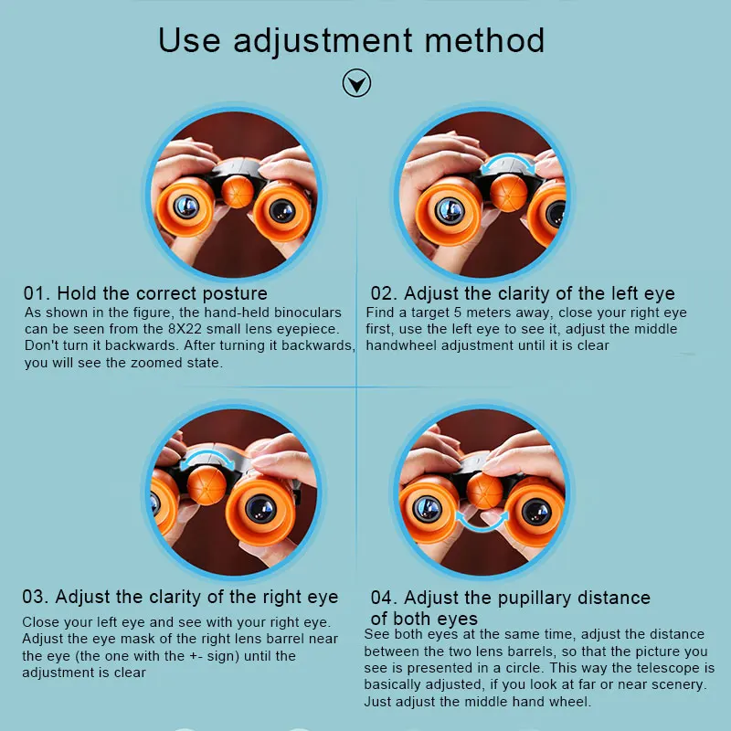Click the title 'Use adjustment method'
tap(352, 40)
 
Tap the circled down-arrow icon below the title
tap(356, 85)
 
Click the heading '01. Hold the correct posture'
tap(145, 293)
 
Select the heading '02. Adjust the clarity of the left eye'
tap(522, 293)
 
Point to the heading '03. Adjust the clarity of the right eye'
tap(180, 597)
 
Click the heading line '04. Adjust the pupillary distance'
tap(510, 598)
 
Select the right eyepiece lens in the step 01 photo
tap(282, 211)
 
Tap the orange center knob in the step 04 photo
tap(484, 491)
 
